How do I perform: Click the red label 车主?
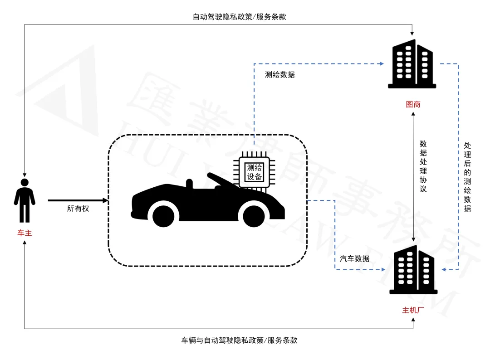pos(24,234)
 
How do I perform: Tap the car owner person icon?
pos(24,200)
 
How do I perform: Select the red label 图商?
pos(413,104)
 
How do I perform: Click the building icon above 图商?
pos(412,63)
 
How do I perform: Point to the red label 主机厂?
pos(413,311)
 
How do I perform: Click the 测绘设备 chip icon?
pos(254,172)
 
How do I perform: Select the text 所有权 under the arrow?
pos(78,209)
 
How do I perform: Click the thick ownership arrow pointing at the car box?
pos(77,200)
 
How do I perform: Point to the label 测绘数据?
pos(280,75)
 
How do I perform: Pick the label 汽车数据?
pos(355,259)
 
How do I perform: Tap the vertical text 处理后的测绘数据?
pos(467,177)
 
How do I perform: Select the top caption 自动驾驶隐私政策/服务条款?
pos(239,17)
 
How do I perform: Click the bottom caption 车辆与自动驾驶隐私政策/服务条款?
pos(239,340)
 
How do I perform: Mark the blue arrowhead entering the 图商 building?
pos(382,64)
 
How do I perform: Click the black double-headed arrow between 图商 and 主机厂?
pos(413,177)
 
